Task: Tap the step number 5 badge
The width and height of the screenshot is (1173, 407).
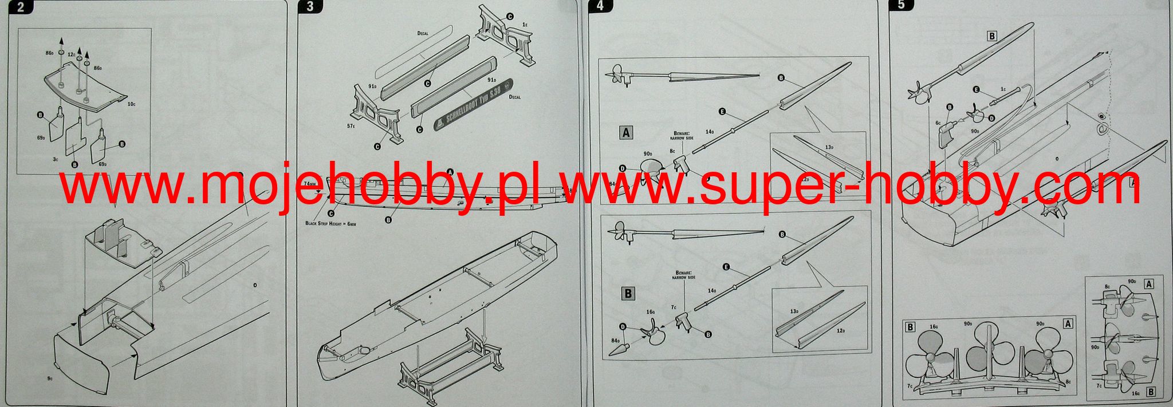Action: pyautogui.click(x=902, y=5)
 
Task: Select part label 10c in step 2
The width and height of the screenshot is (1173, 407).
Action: pyautogui.click(x=132, y=105)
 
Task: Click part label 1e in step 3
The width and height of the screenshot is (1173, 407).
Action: pyautogui.click(x=525, y=25)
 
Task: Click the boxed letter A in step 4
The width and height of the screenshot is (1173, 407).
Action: pyautogui.click(x=626, y=133)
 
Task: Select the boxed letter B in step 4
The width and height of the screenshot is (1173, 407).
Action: pyautogui.click(x=628, y=293)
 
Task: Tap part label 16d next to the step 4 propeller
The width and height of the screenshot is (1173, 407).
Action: pyautogui.click(x=650, y=312)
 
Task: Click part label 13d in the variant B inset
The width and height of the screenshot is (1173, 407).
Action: pyautogui.click(x=794, y=311)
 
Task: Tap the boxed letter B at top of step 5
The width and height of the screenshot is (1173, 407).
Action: pyautogui.click(x=992, y=36)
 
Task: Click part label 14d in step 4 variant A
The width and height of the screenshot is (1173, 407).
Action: pyautogui.click(x=710, y=132)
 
